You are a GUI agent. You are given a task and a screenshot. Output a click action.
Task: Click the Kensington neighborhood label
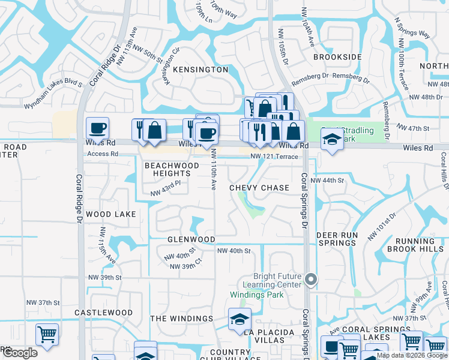click(200, 70)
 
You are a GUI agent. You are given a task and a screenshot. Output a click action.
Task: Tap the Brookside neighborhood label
click(337, 57)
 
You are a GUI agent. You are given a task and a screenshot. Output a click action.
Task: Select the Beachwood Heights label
click(172, 169)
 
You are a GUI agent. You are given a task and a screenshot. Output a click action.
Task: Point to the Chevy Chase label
click(259, 188)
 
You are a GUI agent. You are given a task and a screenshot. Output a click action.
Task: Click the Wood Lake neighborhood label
click(110, 214)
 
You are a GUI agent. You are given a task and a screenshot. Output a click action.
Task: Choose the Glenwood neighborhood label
click(191, 239)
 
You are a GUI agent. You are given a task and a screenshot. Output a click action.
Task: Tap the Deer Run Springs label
click(336, 239)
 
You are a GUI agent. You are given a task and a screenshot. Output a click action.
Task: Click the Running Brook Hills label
click(415, 245)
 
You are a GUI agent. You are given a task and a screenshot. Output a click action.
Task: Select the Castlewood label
click(103, 313)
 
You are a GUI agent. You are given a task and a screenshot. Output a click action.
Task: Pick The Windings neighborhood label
click(181, 319)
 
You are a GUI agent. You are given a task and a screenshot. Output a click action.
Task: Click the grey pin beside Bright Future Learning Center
click(310, 279)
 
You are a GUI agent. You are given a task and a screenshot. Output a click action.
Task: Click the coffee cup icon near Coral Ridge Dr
click(97, 128)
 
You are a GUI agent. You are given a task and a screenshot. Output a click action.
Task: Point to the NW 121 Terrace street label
click(274, 157)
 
